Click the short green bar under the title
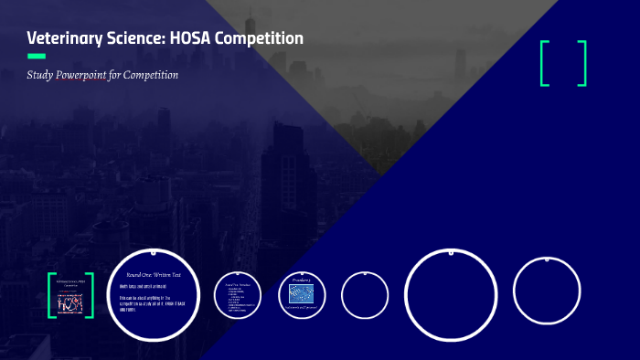point(37,56)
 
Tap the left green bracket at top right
point(546,63)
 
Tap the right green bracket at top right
point(582,63)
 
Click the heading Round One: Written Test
point(153,274)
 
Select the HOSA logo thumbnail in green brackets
point(70,295)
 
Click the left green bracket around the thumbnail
point(51,295)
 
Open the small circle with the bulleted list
point(239,295)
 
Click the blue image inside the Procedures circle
point(302,293)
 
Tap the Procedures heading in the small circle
point(302,280)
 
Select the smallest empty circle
point(365,295)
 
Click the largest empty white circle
point(451,295)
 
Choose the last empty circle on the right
point(547,291)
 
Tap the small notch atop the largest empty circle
point(451,251)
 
